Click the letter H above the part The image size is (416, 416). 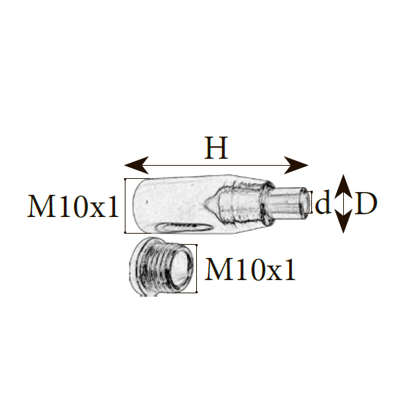click(216, 148)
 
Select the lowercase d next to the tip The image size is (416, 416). click(322, 205)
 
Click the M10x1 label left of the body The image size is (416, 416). click(74, 207)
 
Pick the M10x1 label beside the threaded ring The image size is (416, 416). click(251, 270)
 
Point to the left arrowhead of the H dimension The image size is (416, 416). click(134, 165)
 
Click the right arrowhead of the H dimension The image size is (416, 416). click(299, 165)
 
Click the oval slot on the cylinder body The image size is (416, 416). click(182, 227)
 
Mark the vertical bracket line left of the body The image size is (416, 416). click(125, 206)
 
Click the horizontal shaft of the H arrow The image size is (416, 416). click(216, 165)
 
